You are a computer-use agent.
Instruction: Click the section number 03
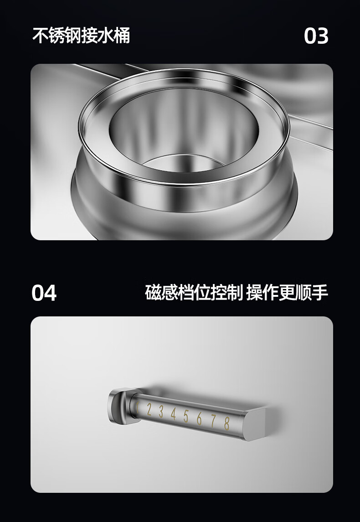click(x=316, y=36)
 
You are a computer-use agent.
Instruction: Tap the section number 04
click(x=44, y=293)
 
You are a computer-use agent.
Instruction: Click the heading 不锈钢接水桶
click(x=81, y=35)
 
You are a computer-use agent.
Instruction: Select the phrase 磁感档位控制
click(x=194, y=292)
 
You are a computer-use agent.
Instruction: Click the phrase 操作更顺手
click(x=287, y=292)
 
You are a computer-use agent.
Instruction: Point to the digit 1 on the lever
click(x=137, y=408)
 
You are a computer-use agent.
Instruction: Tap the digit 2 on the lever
click(x=149, y=410)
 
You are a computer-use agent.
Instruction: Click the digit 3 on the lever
click(x=161, y=412)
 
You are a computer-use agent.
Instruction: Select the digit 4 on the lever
click(x=173, y=414)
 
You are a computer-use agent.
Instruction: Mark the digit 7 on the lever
click(x=213, y=421)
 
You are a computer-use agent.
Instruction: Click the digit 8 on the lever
click(x=227, y=423)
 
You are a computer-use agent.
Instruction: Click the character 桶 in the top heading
click(x=122, y=35)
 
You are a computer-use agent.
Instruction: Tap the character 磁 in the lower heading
click(x=153, y=292)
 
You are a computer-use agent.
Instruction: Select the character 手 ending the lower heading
click(x=320, y=292)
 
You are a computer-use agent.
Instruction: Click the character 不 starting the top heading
click(x=40, y=35)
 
